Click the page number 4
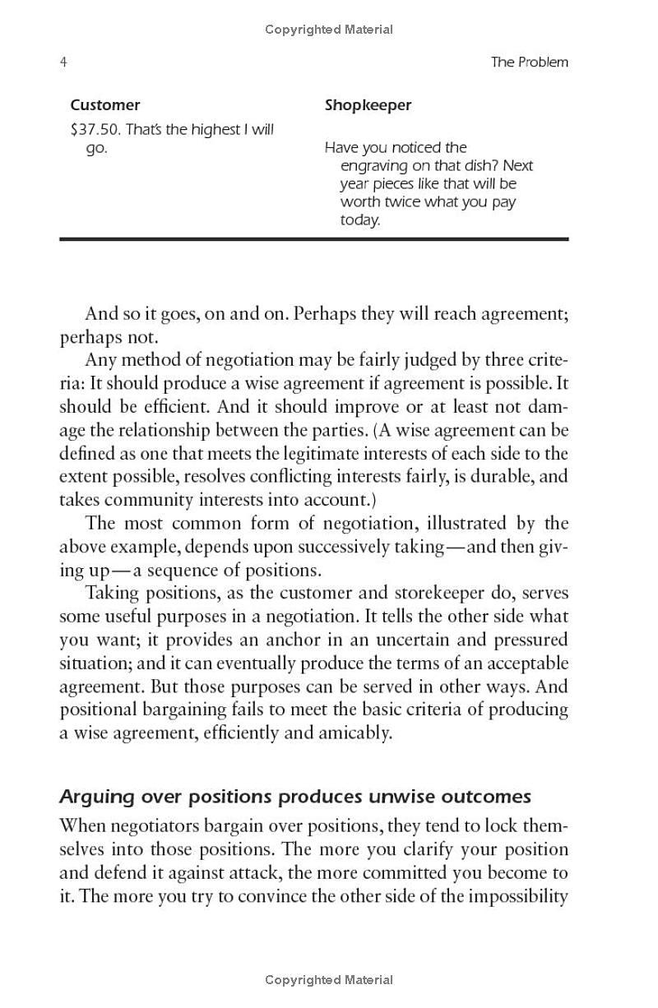[63, 62]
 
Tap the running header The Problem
[529, 62]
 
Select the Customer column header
[104, 105]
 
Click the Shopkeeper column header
[368, 105]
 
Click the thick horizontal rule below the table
[313, 238]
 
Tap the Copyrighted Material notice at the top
[329, 30]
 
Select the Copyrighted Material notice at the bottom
[329, 980]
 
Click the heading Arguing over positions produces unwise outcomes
[295, 797]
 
